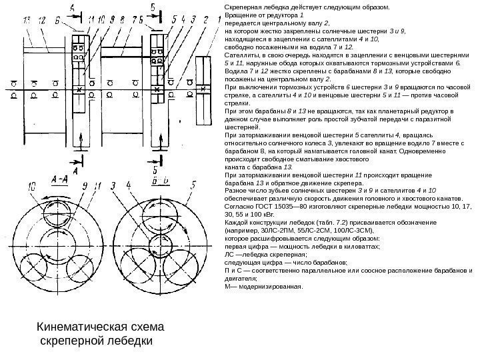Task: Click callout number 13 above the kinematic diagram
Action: click(27, 22)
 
